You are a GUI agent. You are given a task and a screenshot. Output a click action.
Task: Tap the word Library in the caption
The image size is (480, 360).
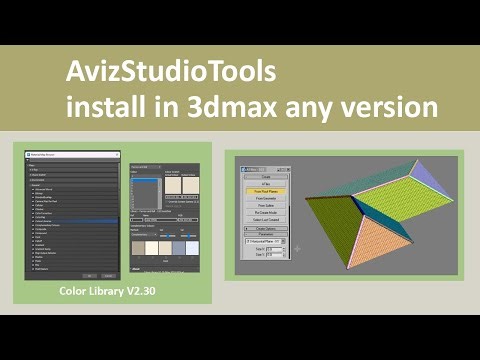point(113,293)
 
